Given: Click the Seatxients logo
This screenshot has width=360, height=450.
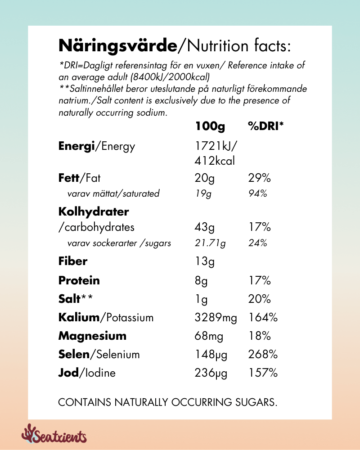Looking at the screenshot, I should (x=54, y=435).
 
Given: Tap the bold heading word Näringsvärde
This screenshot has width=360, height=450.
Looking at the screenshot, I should (x=118, y=46).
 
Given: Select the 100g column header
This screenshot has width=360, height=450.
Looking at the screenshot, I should (x=210, y=127).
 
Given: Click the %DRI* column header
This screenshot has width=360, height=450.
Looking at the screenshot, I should (x=266, y=127).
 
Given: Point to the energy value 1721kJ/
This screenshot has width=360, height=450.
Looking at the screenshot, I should (x=216, y=146).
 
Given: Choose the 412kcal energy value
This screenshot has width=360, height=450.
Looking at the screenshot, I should (x=215, y=160).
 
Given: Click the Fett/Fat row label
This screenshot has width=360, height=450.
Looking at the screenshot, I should (x=80, y=178).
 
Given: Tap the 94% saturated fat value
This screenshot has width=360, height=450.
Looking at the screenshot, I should (x=258, y=193).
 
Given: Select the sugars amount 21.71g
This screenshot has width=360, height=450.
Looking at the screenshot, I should (x=210, y=243).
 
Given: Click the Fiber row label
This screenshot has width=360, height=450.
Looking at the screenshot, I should (x=73, y=261).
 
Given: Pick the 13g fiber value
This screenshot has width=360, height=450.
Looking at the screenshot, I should (x=204, y=261).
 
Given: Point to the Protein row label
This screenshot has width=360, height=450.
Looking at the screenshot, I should (x=79, y=280).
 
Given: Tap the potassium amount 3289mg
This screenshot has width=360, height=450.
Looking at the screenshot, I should (x=216, y=318).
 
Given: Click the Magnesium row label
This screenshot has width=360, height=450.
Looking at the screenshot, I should (x=92, y=336).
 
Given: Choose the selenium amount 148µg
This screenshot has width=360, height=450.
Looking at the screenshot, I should (x=211, y=355).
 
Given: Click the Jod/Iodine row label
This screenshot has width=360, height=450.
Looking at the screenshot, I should (x=87, y=373).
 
